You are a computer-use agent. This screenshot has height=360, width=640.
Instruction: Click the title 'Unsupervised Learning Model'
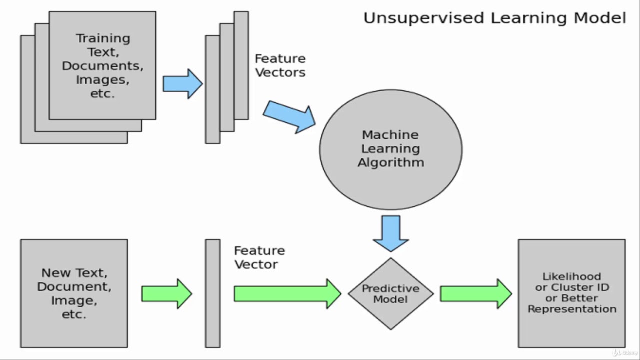click(494, 18)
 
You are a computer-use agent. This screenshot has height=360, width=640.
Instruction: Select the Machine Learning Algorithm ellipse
click(391, 150)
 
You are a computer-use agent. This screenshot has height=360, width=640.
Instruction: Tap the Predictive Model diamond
click(391, 294)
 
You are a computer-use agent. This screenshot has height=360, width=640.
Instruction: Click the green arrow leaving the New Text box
click(166, 294)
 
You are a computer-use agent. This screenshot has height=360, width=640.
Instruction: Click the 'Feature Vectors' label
click(280, 66)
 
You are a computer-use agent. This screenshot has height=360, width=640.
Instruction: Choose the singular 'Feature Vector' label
click(259, 257)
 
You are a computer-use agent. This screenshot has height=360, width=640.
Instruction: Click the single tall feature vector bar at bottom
click(213, 293)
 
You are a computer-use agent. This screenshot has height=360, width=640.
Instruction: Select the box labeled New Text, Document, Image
click(74, 293)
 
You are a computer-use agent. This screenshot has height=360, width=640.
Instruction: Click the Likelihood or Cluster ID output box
click(571, 293)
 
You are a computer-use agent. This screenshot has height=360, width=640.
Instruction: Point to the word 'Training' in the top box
click(103, 38)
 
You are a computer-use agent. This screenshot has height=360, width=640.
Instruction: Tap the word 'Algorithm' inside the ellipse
click(391, 163)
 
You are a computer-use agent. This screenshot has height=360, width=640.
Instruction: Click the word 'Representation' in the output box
click(572, 309)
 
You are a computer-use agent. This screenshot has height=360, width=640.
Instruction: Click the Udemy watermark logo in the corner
click(624, 353)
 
